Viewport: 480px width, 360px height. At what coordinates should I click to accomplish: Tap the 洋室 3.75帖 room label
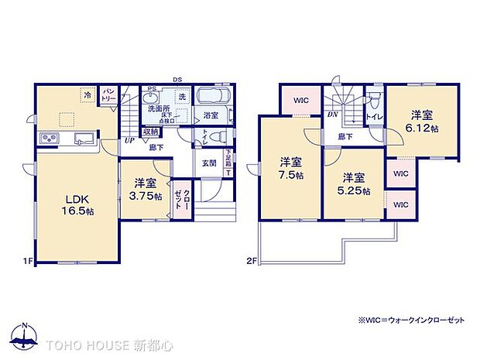pos(146,190)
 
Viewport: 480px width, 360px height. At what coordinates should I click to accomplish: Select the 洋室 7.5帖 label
pos(291,168)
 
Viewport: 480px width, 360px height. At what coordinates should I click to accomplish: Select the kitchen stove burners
pos(50,139)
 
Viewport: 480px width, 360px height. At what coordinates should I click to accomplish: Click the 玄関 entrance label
pos(209,163)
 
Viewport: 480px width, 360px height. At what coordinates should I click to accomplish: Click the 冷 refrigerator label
pos(88,95)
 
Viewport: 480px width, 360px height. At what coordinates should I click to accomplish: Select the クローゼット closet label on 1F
pos(178,194)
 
